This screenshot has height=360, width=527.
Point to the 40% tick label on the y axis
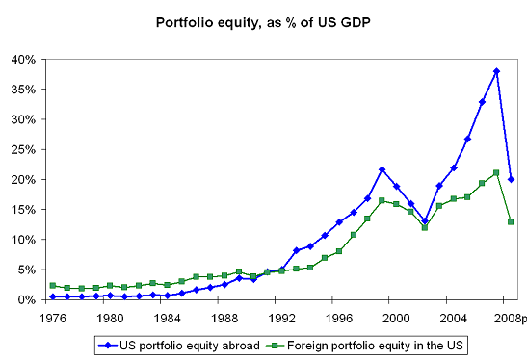(x=23, y=60)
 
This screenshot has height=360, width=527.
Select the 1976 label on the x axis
(x=52, y=318)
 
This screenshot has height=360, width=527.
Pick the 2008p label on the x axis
(x=510, y=318)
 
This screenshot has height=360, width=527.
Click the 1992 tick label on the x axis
(x=281, y=318)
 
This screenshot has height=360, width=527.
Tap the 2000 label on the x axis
(x=396, y=318)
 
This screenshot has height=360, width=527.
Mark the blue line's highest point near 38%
(x=496, y=71)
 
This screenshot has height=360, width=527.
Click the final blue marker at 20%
(x=511, y=179)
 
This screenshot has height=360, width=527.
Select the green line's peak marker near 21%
(x=496, y=173)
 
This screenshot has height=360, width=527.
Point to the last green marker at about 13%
(x=511, y=222)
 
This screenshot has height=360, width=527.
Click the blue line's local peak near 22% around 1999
(x=382, y=169)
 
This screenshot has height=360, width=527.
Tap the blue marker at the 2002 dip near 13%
(x=425, y=220)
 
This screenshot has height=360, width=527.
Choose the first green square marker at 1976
(x=52, y=286)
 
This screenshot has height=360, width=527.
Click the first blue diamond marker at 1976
(x=52, y=296)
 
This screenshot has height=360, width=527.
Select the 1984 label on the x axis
(x=167, y=318)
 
